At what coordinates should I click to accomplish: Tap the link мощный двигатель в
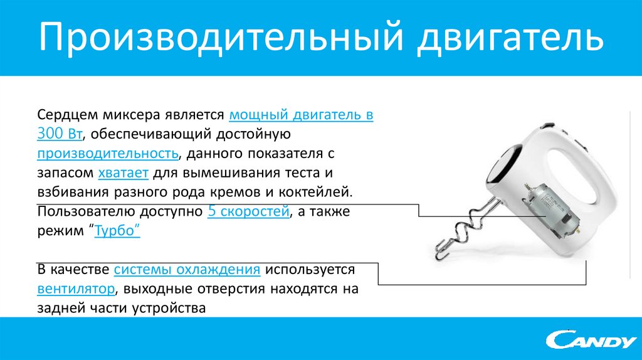click(x=302, y=116)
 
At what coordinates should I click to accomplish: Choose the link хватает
click(x=123, y=172)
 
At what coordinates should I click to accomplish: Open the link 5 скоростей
click(x=248, y=211)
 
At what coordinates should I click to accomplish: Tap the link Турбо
click(x=117, y=231)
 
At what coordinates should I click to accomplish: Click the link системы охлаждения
click(x=187, y=270)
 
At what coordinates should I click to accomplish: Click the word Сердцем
click(x=65, y=116)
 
